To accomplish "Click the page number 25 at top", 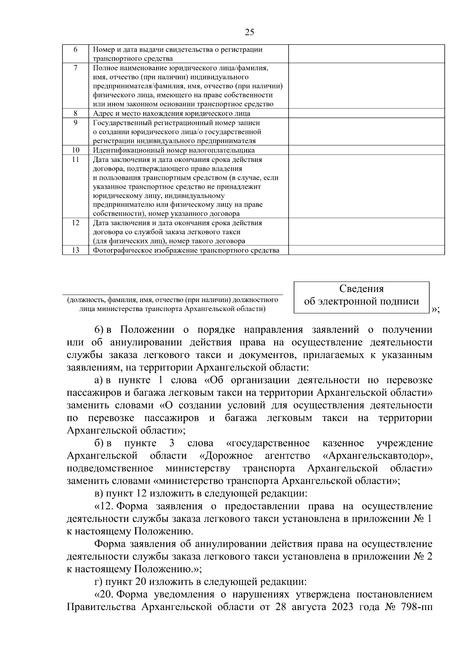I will [250, 32].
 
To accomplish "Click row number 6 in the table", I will [75, 50].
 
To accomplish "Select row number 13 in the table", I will [75, 250].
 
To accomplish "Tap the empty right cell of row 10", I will [366, 150].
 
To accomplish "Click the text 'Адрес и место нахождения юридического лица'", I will [172, 113].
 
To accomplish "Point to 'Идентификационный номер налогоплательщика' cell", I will [174, 150].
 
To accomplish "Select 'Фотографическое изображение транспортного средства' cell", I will [186, 250].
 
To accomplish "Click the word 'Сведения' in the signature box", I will [361, 289].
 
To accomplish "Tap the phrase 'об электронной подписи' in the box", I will [361, 301].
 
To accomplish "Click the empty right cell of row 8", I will [366, 113].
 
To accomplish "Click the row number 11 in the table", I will [75, 160].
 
